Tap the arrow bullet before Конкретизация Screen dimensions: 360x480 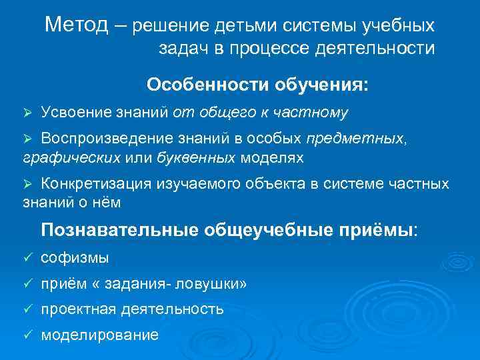[x=27, y=184]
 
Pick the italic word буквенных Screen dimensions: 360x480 [x=196, y=158]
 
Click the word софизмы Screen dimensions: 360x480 [x=75, y=258]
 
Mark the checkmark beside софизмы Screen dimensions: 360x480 [x=27, y=259]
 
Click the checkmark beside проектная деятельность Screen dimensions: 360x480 [x=27, y=310]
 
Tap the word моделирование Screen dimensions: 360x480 [x=100, y=335]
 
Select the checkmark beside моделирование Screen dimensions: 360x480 [x=27, y=335]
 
